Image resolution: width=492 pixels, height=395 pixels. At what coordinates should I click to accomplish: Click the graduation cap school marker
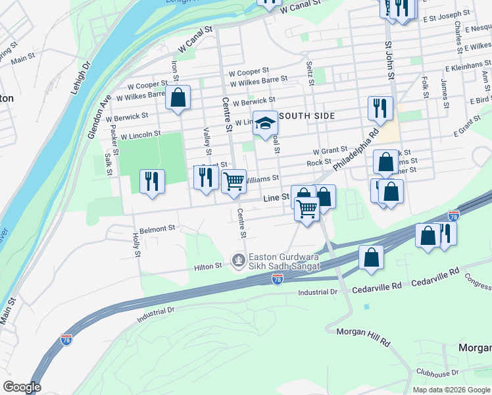pos(266,123)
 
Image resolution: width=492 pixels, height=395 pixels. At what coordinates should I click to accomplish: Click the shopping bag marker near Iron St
pos(178,99)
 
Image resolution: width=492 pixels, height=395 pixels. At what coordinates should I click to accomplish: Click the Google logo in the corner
pos(21,387)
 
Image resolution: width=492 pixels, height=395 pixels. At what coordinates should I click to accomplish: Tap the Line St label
pos(276,197)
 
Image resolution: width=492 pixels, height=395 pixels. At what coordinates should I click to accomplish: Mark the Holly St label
pos(137,245)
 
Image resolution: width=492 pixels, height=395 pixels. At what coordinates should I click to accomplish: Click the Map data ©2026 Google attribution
pos(451,390)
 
